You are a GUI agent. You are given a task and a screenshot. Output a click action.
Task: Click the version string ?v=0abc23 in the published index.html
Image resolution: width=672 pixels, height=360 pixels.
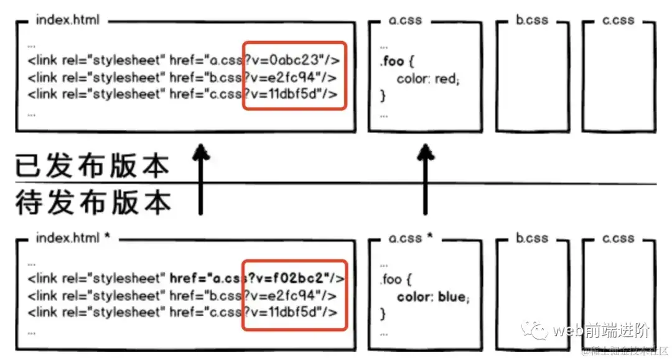pyautogui.click(x=284, y=60)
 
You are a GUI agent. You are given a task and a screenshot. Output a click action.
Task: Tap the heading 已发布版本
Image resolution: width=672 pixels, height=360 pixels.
pyautogui.click(x=92, y=166)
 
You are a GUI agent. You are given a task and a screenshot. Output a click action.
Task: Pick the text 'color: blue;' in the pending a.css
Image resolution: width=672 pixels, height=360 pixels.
pyautogui.click(x=433, y=297)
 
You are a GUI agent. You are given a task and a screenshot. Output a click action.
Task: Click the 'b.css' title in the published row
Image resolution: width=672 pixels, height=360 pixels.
pyautogui.click(x=532, y=20)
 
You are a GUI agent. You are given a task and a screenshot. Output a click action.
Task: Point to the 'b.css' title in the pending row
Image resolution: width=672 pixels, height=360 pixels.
pyautogui.click(x=532, y=238)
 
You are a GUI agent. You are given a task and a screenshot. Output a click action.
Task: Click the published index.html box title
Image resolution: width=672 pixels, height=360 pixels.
pyautogui.click(x=67, y=20)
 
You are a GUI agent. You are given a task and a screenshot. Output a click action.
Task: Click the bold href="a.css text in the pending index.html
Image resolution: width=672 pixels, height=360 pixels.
pyautogui.click(x=205, y=277)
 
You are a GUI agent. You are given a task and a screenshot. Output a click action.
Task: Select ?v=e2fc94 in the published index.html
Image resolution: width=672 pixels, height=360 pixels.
pyautogui.click(x=284, y=77)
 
